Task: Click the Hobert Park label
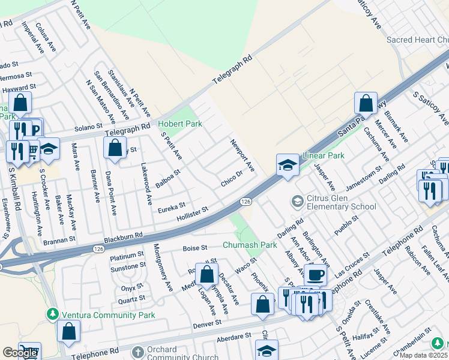pos(180,124)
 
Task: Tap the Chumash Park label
pos(250,245)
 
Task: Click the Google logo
pos(20,353)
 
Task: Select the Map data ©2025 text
pos(424,355)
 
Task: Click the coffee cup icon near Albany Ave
pos(315,274)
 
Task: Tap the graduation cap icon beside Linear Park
pos(288,165)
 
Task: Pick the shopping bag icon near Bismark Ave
pos(366,103)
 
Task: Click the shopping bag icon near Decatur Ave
pos(206,274)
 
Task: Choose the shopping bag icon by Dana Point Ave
pos(114,148)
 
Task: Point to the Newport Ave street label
pos(243,155)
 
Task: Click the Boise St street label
pos(194,247)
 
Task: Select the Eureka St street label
pos(171,208)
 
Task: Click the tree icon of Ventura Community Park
pos(53,314)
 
